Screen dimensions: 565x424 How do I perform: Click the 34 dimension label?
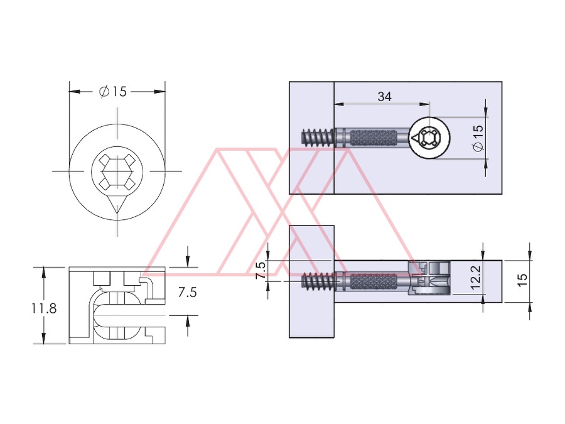tap(384, 97)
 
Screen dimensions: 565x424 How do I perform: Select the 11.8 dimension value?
tap(44, 308)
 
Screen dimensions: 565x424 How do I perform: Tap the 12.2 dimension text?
tap(476, 277)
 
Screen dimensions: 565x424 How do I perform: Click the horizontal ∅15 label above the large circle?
tap(113, 92)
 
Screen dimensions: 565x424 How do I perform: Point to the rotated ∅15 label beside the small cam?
tap(478, 138)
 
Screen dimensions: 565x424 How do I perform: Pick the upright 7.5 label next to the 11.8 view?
tap(187, 292)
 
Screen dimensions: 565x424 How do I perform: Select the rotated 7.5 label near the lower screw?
tap(261, 270)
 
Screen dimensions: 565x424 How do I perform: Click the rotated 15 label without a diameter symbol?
tap(522, 280)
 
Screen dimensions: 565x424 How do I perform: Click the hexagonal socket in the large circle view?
tap(117, 171)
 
